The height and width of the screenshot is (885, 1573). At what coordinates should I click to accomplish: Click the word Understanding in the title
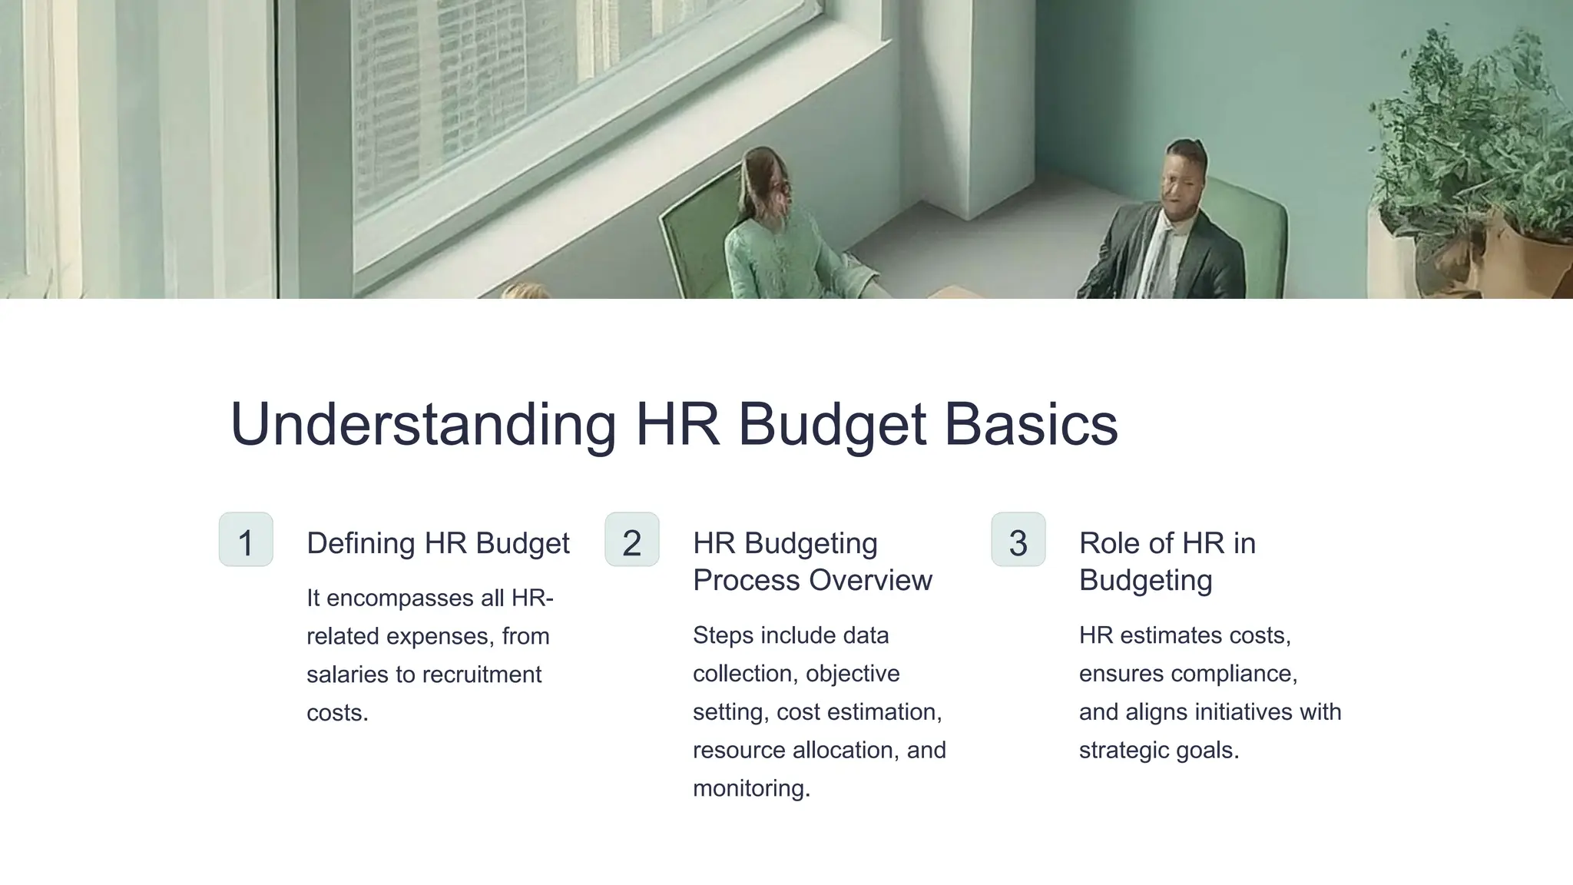click(x=423, y=424)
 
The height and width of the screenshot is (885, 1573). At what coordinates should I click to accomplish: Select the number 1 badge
click(x=246, y=540)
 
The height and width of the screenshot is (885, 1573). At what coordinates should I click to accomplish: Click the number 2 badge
click(x=632, y=540)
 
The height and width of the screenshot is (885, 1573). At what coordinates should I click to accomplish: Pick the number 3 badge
click(x=1018, y=540)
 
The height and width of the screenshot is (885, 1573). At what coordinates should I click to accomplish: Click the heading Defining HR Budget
click(x=438, y=543)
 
